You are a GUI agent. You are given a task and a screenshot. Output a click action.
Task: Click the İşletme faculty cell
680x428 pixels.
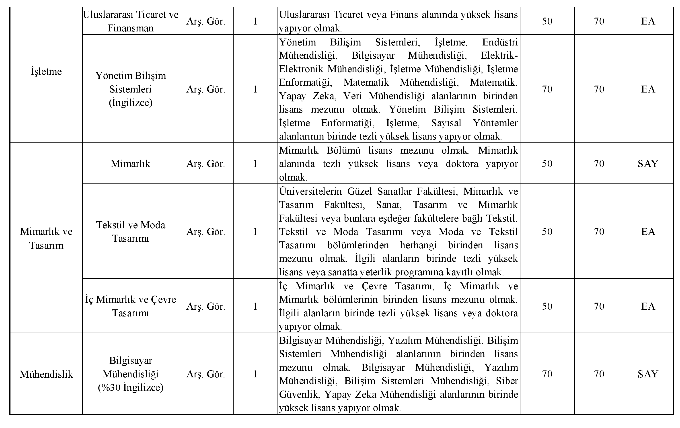point(46,72)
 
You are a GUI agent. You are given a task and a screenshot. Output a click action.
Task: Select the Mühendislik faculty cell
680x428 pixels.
point(46,374)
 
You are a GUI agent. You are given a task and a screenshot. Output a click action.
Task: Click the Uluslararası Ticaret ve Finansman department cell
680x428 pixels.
point(130,21)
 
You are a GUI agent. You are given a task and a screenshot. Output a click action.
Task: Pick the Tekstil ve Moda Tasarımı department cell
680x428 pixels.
point(130,231)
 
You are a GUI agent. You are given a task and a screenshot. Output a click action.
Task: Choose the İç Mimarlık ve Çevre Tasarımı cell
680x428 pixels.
point(130,306)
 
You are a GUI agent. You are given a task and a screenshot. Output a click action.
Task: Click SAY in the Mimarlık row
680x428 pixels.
point(648,164)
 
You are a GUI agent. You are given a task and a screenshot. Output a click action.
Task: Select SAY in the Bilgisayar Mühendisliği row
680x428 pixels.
point(648,374)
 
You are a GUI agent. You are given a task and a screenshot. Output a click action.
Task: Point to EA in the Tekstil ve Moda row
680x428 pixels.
point(648,232)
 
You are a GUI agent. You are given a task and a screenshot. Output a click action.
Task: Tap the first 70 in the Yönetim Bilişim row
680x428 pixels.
point(547,89)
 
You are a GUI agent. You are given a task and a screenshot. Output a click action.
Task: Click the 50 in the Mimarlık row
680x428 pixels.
point(547,164)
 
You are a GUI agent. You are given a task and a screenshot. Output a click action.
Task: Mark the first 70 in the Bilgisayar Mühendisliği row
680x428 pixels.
point(547,374)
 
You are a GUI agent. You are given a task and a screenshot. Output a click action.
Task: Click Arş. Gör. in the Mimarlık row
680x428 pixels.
point(205,164)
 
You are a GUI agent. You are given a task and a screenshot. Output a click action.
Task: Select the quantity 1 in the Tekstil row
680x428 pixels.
point(255,232)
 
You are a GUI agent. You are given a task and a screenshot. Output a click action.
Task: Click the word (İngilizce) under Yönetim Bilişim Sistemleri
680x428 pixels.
point(130,103)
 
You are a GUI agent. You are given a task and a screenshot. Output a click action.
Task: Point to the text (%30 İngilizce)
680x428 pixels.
point(130,387)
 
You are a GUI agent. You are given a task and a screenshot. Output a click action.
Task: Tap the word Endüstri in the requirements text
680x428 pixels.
point(500,42)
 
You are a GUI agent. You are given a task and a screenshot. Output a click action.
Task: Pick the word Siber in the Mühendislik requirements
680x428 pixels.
point(507,381)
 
